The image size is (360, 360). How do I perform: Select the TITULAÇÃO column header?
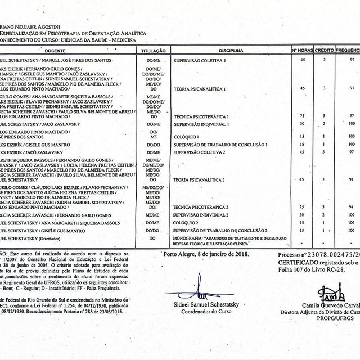tap(153, 51)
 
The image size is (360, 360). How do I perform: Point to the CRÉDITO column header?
tap(324, 51)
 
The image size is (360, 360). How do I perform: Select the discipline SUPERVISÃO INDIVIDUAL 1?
tap(202, 124)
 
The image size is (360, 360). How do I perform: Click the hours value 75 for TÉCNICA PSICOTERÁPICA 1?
tap(303, 115)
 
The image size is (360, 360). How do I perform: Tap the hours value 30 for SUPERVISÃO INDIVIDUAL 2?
tap(303, 215)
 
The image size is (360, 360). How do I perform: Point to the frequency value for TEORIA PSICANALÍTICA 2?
tap(351, 179)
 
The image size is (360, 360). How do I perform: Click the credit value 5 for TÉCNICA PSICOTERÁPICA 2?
tap(324, 207)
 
